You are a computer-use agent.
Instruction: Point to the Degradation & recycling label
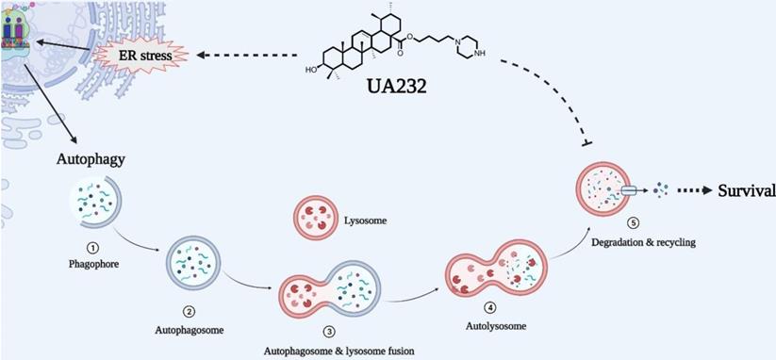(x=631, y=243)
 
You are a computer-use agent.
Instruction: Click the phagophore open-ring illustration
(x=94, y=205)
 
